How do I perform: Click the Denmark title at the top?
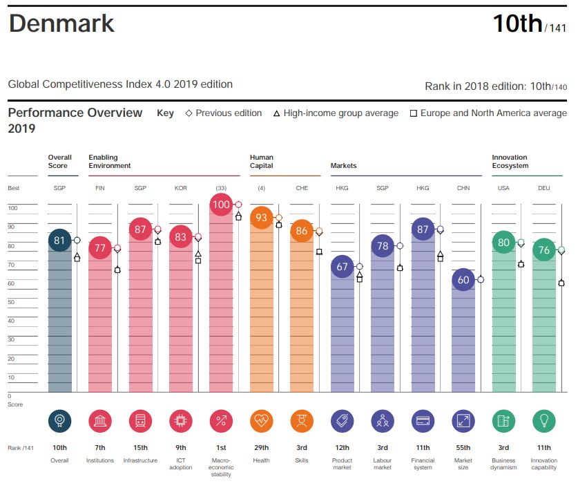(61, 24)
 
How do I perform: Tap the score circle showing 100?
(221, 205)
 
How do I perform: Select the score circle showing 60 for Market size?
(463, 280)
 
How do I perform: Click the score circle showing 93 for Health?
(261, 218)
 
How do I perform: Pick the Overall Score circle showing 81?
(60, 241)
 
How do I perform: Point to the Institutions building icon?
(100, 420)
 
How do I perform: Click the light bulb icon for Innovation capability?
(543, 420)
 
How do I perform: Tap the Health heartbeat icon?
(261, 420)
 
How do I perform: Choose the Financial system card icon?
(423, 420)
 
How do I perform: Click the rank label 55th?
(463, 448)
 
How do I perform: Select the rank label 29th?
(261, 448)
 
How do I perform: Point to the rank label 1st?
(221, 448)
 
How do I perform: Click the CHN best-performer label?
(463, 188)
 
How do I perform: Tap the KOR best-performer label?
(181, 188)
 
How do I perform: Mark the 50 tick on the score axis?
(13, 302)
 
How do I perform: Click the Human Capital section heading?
(262, 162)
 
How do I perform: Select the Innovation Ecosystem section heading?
(510, 162)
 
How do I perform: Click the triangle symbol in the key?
(276, 113)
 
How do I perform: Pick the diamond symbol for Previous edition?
(189, 113)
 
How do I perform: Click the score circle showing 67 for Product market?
(342, 267)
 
